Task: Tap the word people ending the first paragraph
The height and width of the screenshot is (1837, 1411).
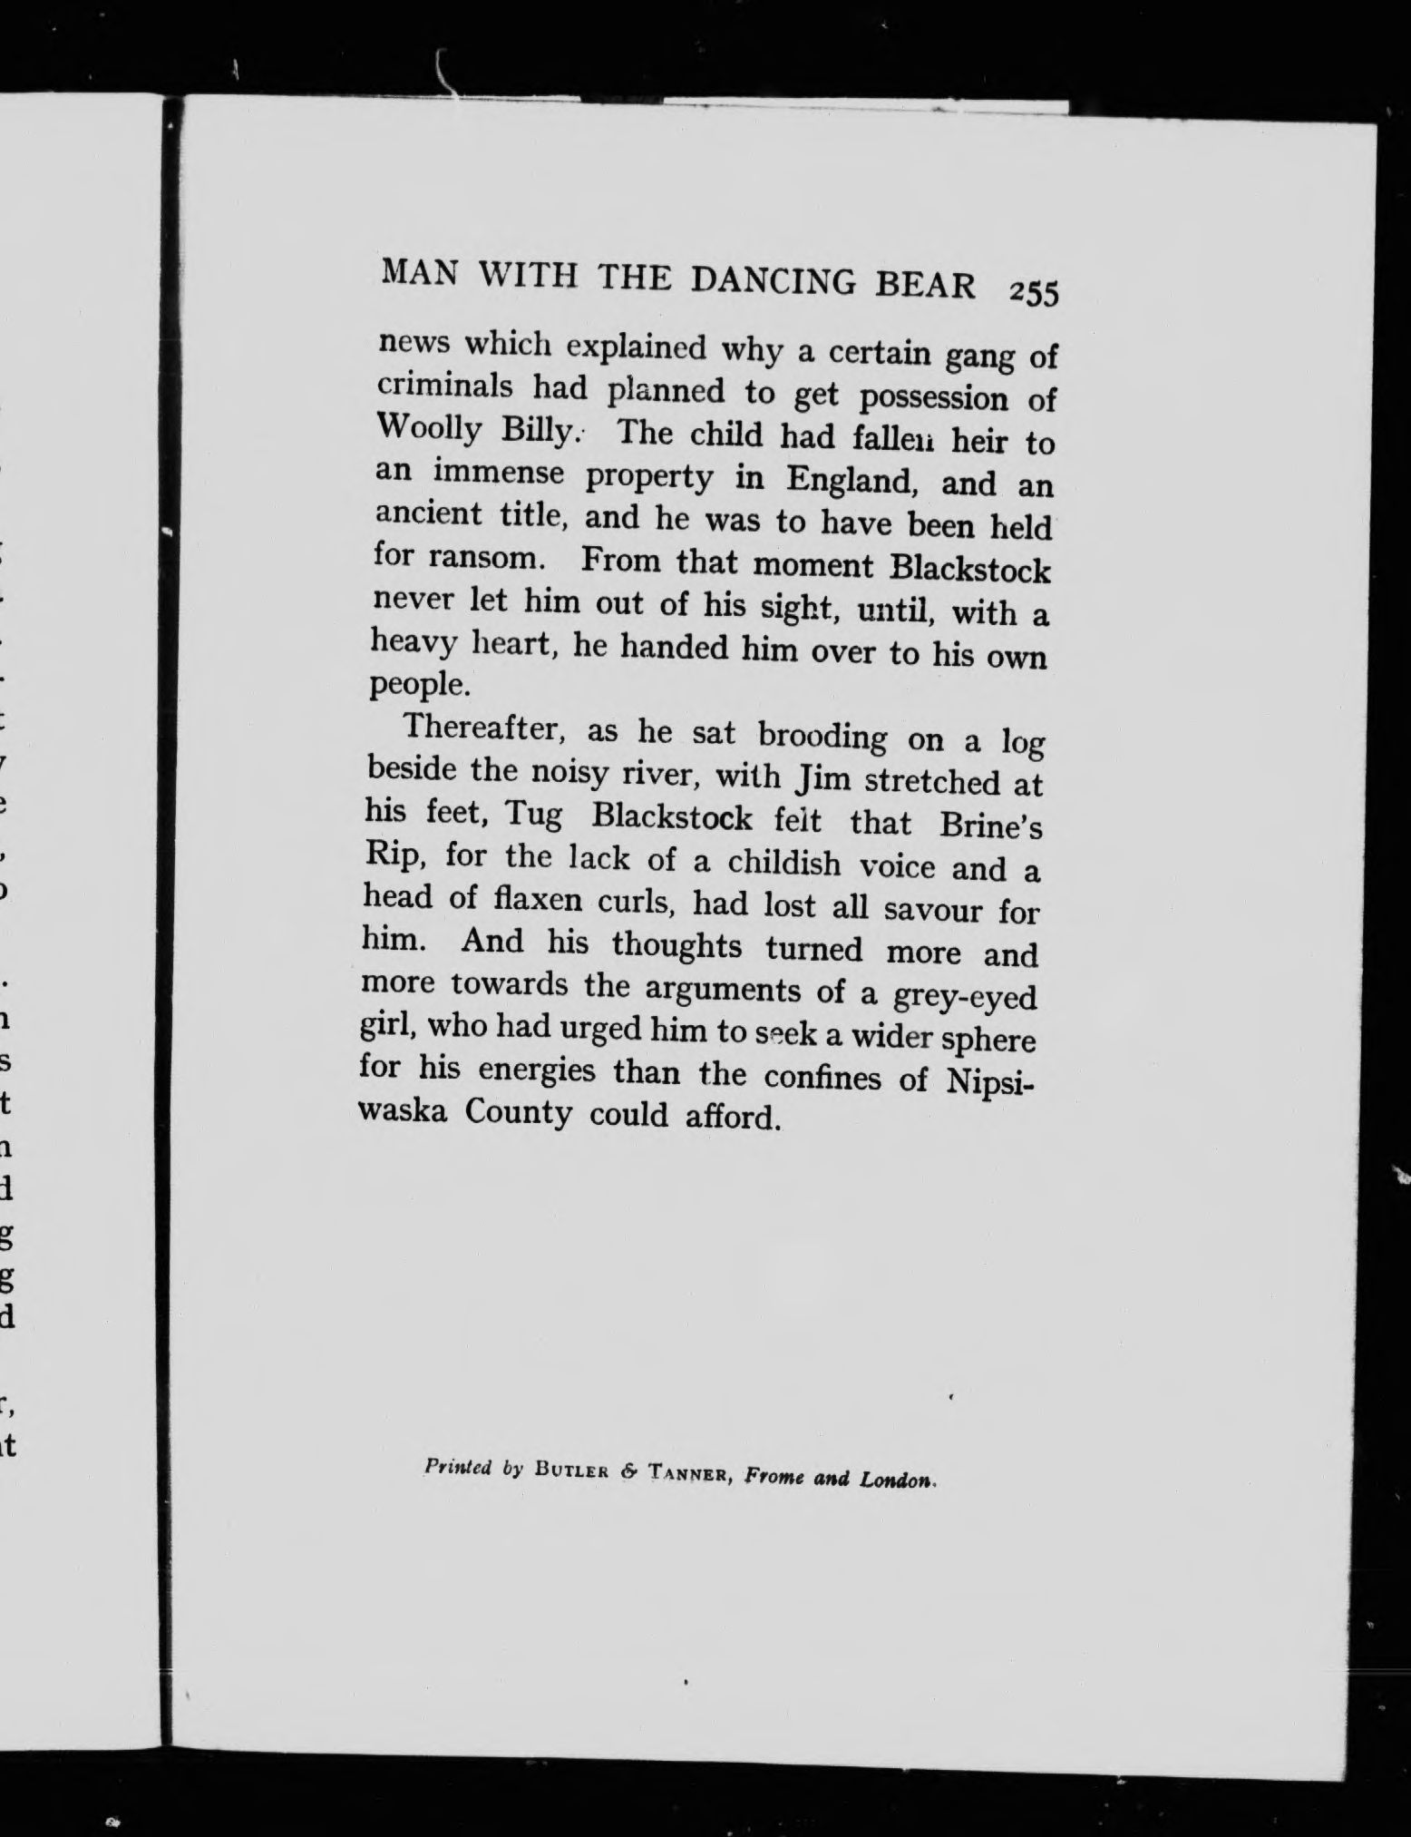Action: (x=420, y=684)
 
